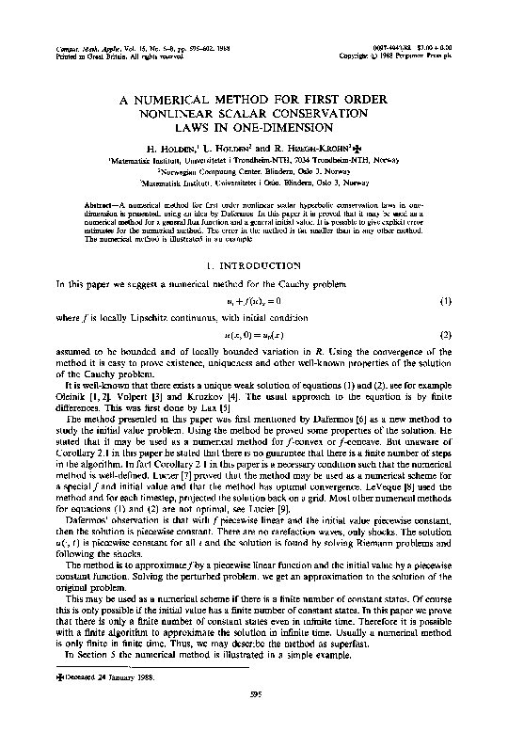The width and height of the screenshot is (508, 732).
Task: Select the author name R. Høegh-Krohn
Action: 315,149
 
